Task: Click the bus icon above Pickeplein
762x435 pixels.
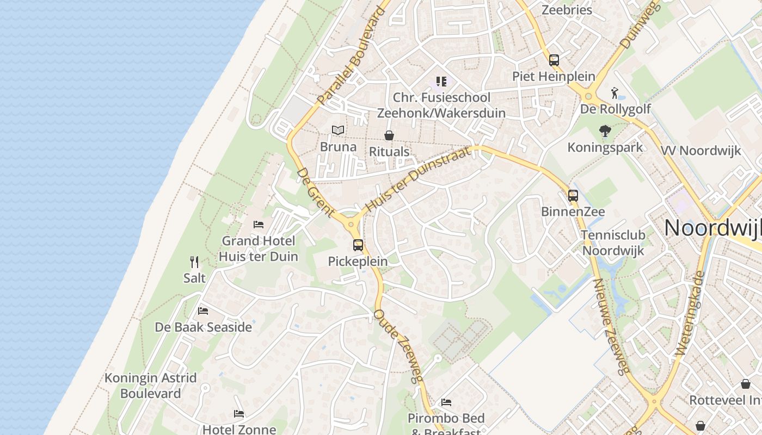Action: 358,245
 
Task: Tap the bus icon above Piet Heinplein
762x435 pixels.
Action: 554,60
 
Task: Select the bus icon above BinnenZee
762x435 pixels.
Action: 573,196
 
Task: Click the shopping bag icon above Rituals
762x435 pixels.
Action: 389,135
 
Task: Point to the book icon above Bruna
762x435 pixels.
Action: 338,130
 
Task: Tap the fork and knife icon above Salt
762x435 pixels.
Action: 194,262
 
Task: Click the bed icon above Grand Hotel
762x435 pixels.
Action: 259,225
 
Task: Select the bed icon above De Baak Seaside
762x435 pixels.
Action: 203,311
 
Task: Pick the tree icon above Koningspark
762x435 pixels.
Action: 605,131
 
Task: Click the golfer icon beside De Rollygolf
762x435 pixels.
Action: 615,93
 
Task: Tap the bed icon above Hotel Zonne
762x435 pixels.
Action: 239,414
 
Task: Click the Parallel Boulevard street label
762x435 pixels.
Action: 351,56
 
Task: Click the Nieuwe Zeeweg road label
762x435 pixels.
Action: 612,327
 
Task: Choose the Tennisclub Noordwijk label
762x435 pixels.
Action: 613,243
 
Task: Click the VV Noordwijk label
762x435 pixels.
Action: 701,151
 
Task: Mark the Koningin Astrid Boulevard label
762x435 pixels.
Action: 151,386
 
